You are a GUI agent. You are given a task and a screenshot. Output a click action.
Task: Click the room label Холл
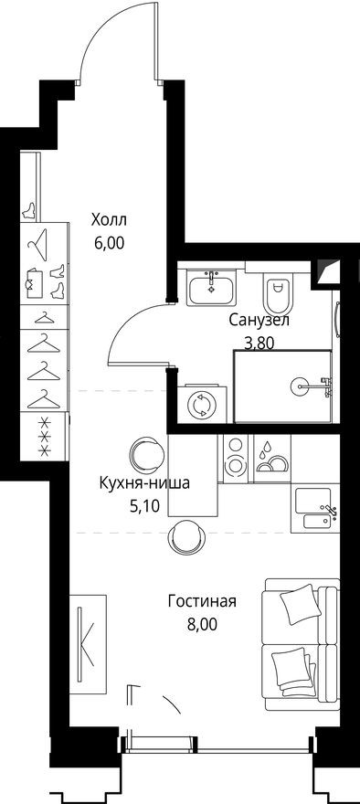109,220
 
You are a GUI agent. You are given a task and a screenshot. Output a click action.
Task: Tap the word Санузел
259,321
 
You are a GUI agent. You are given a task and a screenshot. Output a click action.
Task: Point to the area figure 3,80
259,344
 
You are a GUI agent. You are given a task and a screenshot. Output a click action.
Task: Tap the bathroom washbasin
211,290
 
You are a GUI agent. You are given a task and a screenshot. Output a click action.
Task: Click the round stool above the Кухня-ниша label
144,451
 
